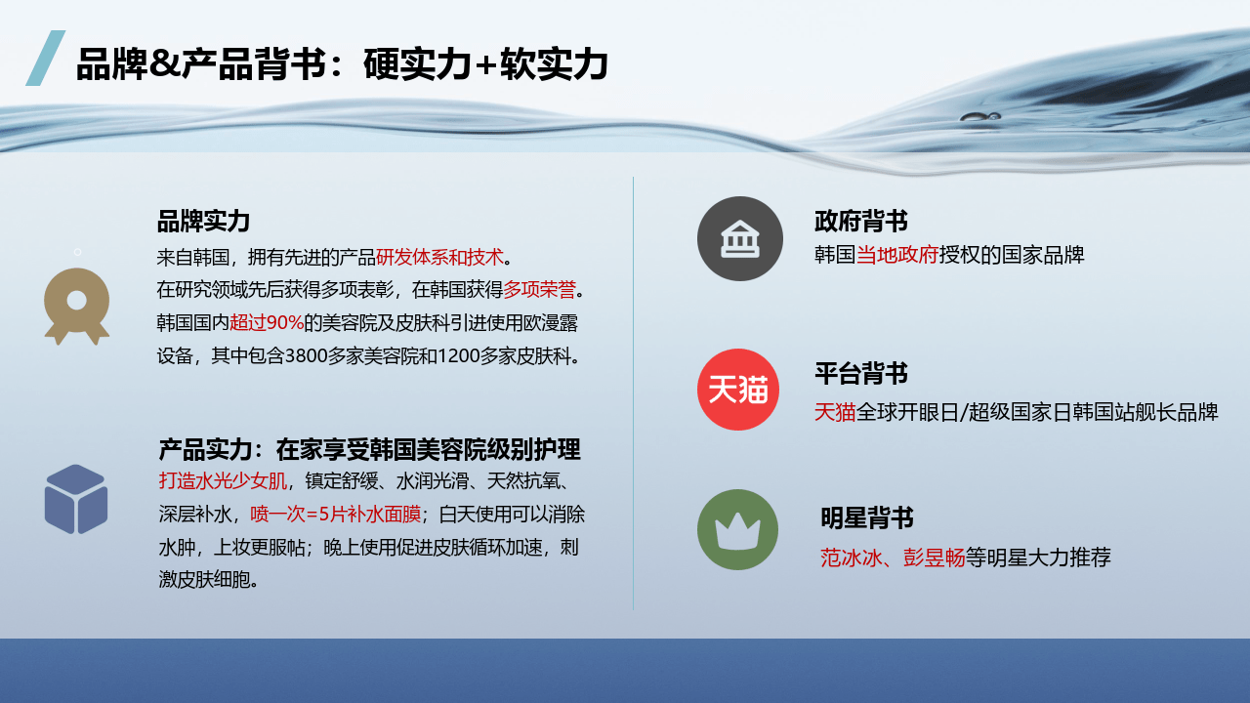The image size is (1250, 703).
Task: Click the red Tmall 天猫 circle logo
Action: click(737, 390)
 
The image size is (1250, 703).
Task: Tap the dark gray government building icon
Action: click(740, 238)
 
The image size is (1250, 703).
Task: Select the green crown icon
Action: click(737, 529)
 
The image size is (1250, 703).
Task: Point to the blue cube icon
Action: click(76, 499)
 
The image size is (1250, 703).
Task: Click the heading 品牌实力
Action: click(203, 221)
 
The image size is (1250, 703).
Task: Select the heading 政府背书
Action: click(861, 221)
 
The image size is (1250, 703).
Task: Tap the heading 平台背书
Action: click(861, 373)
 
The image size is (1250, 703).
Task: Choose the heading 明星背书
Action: click(867, 517)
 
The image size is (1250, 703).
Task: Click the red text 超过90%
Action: click(267, 322)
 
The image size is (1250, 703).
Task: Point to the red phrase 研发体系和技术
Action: click(439, 257)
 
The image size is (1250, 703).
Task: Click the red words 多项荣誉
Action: click(539, 290)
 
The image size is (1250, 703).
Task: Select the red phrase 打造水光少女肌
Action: click(223, 481)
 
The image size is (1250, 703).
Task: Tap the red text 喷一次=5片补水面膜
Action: click(335, 514)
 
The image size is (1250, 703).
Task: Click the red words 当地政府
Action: click(897, 255)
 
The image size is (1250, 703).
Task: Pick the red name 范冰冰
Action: click(851, 558)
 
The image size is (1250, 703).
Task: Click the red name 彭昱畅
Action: click(934, 558)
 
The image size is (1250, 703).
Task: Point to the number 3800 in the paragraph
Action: click(306, 355)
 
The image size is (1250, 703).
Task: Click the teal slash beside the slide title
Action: click(46, 58)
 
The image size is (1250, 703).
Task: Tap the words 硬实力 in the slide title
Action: click(417, 64)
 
